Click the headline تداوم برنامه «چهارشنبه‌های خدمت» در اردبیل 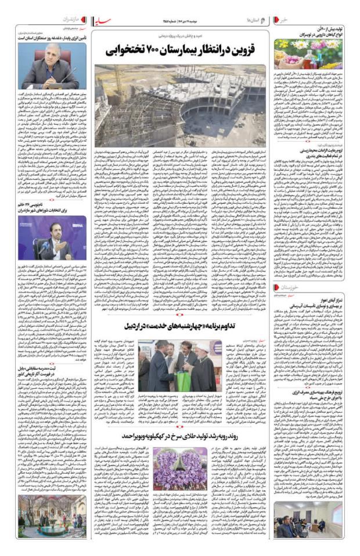180,326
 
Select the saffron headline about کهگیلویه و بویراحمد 180,435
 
